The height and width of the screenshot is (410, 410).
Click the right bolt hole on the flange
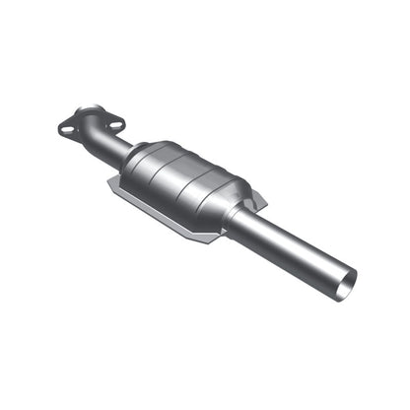pos(115,124)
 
